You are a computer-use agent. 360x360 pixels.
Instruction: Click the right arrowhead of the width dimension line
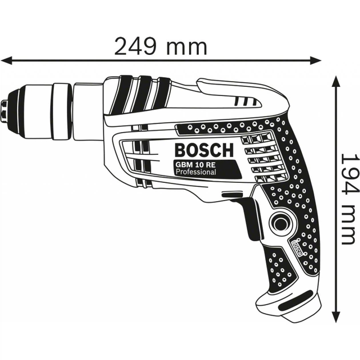(x=318, y=59)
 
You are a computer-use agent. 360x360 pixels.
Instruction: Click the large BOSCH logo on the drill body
(x=203, y=151)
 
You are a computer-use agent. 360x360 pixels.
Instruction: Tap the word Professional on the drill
(x=196, y=172)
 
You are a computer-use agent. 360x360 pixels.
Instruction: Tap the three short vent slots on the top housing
(x=244, y=102)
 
